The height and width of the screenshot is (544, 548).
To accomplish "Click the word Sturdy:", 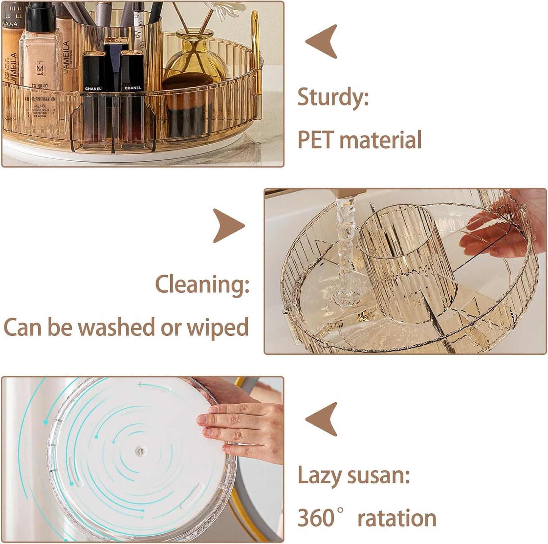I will point(333,97).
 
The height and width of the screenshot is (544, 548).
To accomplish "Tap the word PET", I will point(315,140).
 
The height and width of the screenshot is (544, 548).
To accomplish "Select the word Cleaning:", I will point(202,285).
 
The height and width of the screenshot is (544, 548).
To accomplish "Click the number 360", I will point(316,518).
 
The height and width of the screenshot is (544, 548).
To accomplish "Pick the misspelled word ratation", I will point(397,519).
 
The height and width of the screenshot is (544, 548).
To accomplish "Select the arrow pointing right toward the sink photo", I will point(228,226).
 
